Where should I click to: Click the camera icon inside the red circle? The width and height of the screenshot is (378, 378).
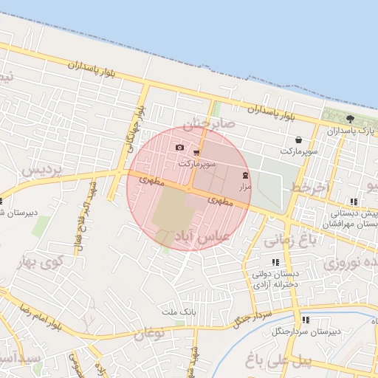click(179, 148)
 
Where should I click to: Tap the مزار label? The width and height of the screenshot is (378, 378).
click(245, 188)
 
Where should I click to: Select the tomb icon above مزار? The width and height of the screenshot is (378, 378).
click(245, 176)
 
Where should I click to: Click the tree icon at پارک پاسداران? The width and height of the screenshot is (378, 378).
click(350, 118)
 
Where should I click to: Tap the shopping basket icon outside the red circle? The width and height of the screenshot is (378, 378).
click(298, 139)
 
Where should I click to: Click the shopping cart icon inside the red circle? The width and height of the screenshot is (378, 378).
click(196, 151)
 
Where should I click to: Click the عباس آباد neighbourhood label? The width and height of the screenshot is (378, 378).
click(202, 236)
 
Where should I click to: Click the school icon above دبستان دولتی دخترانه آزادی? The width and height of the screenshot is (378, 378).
click(275, 262)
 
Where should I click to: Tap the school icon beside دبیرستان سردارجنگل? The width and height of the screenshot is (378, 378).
click(306, 320)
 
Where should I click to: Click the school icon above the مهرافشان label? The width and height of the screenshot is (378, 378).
click(354, 202)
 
